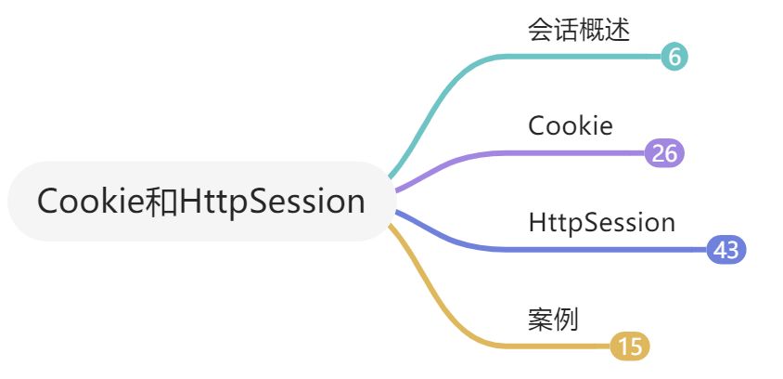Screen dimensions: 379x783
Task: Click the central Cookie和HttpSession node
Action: (200, 202)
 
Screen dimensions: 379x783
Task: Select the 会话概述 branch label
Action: (579, 31)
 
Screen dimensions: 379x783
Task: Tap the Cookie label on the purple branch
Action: (571, 125)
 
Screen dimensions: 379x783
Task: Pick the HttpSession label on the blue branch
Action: (601, 223)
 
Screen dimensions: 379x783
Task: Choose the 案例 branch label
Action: (553, 319)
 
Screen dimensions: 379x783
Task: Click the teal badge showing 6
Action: (674, 57)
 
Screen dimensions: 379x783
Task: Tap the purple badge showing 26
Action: (664, 153)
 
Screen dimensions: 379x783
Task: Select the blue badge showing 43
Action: (725, 250)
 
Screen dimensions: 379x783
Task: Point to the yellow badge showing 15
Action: (630, 346)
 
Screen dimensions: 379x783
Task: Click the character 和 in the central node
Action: (161, 202)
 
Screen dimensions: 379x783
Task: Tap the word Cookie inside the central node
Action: (91, 202)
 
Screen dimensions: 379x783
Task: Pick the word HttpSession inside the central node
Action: (272, 202)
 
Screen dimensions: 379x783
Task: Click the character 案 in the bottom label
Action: (541, 319)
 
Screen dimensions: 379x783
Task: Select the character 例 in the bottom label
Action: (566, 319)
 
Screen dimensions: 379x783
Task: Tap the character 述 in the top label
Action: (618, 31)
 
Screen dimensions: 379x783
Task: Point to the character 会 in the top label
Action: (541, 31)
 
